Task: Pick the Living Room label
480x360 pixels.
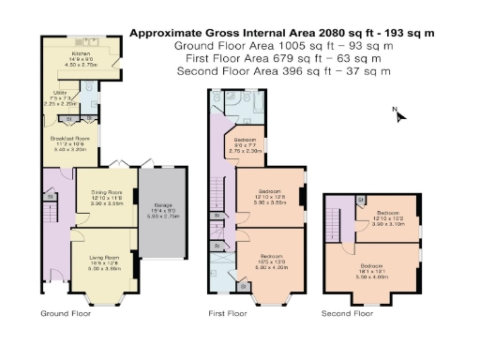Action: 104,263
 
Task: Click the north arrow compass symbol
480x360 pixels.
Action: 397,114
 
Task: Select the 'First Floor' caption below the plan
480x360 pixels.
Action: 229,312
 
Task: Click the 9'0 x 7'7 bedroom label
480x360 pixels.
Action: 246,146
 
